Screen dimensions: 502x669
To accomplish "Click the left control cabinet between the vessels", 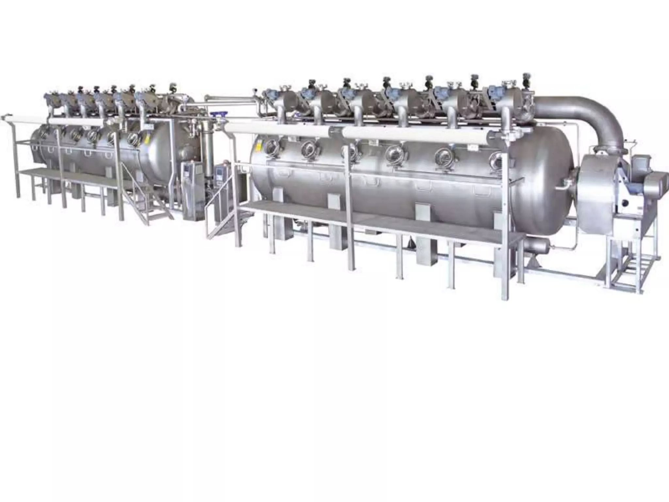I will [x=190, y=190].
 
